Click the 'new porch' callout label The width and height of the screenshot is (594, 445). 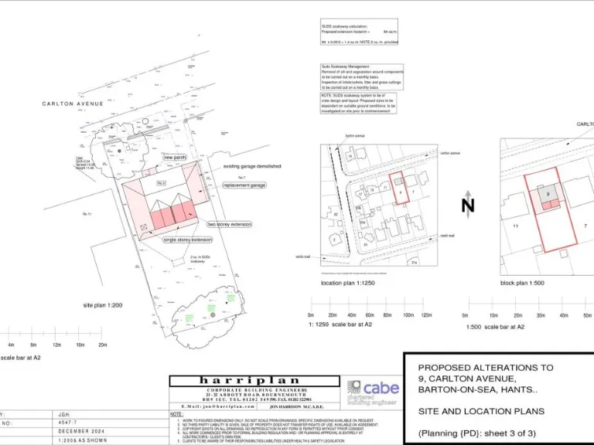pyautogui.click(x=175, y=158)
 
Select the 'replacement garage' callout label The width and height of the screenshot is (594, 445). pyautogui.click(x=244, y=185)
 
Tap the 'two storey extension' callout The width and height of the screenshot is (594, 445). pyautogui.click(x=229, y=224)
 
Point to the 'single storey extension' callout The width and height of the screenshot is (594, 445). pyautogui.click(x=186, y=240)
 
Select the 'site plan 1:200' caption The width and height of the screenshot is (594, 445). pyautogui.click(x=103, y=305)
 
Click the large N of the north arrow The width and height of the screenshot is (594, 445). pyautogui.click(x=467, y=206)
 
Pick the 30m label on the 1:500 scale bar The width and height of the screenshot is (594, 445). pyautogui.click(x=538, y=315)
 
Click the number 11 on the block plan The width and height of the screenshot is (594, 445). pyautogui.click(x=515, y=226)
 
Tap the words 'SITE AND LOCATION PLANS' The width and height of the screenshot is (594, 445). pyautogui.click(x=482, y=411)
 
